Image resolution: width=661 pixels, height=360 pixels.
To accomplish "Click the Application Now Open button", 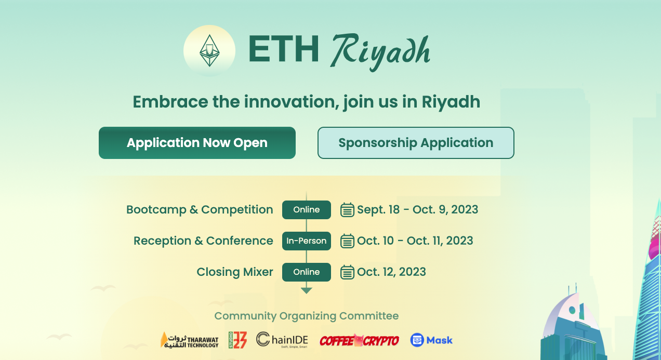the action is [x=197, y=143].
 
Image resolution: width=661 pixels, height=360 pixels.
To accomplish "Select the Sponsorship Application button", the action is [x=416, y=143].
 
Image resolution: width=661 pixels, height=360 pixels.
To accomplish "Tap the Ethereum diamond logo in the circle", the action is [x=209, y=50].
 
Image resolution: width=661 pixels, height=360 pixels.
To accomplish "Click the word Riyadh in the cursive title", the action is [x=380, y=51].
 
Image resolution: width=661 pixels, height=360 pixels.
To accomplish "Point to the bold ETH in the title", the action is [x=284, y=49].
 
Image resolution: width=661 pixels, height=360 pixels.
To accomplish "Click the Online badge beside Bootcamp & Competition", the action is [x=306, y=210].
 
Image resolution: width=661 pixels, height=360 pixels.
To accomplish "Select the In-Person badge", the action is [x=306, y=241].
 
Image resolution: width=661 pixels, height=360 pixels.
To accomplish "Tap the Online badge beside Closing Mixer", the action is [x=306, y=272].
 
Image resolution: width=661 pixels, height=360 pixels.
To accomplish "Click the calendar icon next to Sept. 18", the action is [x=347, y=210].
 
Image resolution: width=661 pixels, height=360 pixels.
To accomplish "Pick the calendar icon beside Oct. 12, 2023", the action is [x=347, y=272].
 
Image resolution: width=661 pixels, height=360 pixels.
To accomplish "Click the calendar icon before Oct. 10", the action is [x=347, y=241].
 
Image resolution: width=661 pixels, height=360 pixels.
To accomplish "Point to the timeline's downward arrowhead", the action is [x=306, y=291].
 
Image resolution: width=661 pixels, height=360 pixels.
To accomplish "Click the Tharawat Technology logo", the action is [x=190, y=340].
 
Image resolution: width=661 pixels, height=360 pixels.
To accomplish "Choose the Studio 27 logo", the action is [x=237, y=340].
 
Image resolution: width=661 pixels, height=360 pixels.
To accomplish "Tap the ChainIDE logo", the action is [x=282, y=340].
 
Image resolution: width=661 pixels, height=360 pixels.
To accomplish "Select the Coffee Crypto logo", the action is [x=359, y=341].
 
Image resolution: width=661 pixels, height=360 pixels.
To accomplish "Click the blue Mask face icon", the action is [x=417, y=340].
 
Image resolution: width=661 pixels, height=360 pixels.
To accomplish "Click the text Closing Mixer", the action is [x=235, y=272].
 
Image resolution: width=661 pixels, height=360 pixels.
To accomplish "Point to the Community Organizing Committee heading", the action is [x=306, y=316].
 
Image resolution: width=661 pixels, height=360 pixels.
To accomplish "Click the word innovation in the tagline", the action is [x=291, y=102].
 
